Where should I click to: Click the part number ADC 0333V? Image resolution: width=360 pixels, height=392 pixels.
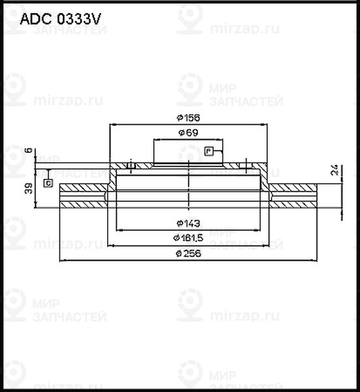click(x=59, y=19)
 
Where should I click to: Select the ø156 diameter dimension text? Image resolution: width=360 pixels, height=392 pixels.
click(x=188, y=118)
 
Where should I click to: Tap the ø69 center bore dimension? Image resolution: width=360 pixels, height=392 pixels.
click(x=188, y=133)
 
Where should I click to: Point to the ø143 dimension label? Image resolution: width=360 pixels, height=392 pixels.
click(x=188, y=223)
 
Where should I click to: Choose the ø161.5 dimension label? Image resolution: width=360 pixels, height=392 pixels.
click(x=188, y=237)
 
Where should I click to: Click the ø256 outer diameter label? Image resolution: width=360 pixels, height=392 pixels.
click(x=188, y=253)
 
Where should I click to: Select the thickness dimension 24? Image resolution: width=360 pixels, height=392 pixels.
click(x=334, y=171)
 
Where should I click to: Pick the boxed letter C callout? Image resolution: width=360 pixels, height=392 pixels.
click(x=48, y=184)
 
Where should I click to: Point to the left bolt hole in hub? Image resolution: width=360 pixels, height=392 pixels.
click(x=131, y=167)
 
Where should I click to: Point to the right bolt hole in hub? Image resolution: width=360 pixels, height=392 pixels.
click(x=245, y=167)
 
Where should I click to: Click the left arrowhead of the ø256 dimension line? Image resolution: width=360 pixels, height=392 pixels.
click(x=62, y=260)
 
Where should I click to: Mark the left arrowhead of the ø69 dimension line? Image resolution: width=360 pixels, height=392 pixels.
click(x=155, y=139)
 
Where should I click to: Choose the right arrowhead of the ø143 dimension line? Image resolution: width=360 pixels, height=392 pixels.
click(x=258, y=230)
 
